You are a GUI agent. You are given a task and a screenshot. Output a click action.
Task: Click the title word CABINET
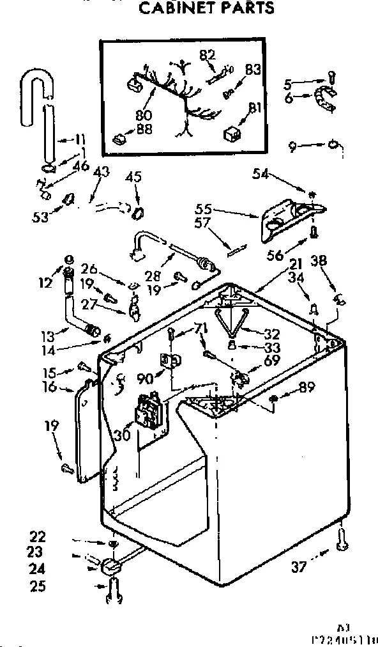(173, 8)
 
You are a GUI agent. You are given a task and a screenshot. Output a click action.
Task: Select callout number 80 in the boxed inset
(144, 116)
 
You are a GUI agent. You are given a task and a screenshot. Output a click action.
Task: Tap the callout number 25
(38, 584)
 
